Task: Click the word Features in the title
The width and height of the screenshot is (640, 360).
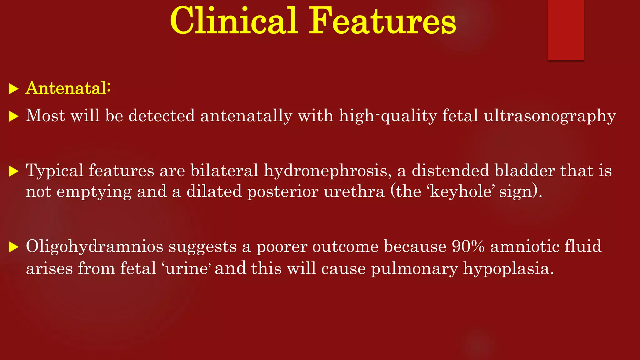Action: pyautogui.click(x=382, y=21)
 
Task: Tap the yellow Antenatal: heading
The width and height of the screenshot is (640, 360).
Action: pyautogui.click(x=68, y=88)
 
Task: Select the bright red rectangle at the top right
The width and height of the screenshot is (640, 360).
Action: pyautogui.click(x=566, y=30)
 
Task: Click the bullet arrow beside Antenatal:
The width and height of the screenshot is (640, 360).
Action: pyautogui.click(x=13, y=89)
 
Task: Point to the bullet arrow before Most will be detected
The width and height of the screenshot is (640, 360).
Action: pyautogui.click(x=13, y=117)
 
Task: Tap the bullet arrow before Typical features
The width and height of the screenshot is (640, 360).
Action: pyautogui.click(x=13, y=172)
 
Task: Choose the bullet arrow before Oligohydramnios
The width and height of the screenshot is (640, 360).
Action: pyautogui.click(x=13, y=247)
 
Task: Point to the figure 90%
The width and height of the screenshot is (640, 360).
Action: pyautogui.click(x=468, y=247)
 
